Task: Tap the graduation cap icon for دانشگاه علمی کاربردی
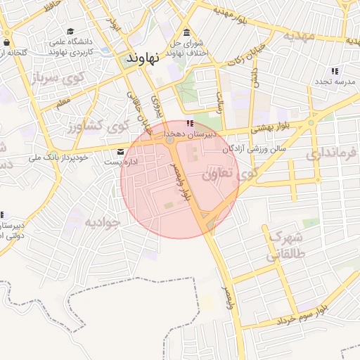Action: pyautogui.click(x=70, y=32)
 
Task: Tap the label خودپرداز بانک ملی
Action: pyautogui.click(x=63, y=157)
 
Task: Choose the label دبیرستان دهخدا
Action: pyautogui.click(x=200, y=133)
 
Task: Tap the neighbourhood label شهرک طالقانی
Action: pyautogui.click(x=281, y=246)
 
